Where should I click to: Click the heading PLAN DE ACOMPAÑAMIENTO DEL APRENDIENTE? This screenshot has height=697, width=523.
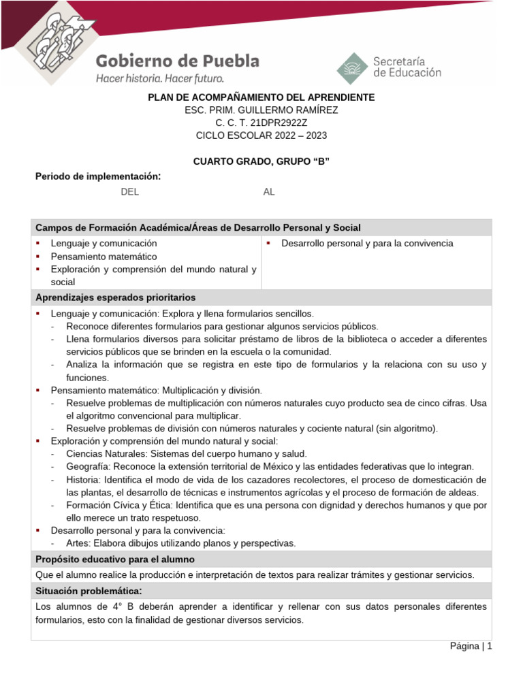coord(261,97)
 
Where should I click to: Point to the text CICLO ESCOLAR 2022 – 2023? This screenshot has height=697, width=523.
coord(261,135)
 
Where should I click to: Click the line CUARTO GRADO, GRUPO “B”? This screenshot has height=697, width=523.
coord(261,161)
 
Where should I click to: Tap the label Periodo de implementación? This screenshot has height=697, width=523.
coord(97,176)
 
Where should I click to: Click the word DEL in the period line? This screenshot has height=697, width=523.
coord(129,192)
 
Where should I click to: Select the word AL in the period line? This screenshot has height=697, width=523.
coord(269,192)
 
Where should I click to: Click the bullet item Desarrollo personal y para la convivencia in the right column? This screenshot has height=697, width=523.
coord(367,243)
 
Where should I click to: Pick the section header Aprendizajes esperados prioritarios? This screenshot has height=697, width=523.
coord(115,297)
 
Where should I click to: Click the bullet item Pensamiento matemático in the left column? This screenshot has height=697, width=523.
coord(104,257)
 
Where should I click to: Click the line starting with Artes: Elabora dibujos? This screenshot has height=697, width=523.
coord(180,543)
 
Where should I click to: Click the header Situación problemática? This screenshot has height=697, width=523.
coord(89,590)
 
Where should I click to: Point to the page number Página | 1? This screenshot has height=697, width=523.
coord(471,646)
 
